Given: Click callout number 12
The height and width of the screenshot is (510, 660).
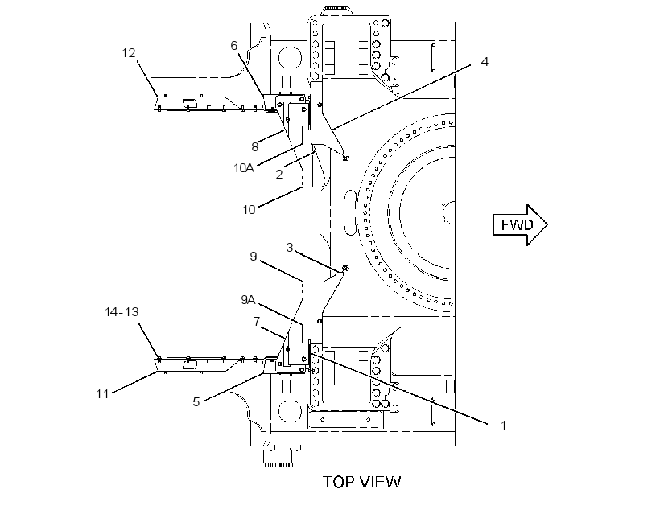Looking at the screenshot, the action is [129, 53].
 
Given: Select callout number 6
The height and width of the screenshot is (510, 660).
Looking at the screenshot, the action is [234, 45].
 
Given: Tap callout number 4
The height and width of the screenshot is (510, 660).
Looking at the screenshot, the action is [485, 62].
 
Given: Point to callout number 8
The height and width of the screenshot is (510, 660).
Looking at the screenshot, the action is [254, 147].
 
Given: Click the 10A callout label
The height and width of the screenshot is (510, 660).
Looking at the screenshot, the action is [244, 168].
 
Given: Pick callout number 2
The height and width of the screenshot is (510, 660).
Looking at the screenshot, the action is [279, 175].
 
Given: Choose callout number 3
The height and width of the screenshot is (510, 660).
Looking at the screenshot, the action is [290, 248].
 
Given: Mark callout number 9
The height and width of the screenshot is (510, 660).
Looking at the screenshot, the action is [254, 257].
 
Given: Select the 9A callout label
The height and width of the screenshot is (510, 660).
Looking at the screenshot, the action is [249, 299].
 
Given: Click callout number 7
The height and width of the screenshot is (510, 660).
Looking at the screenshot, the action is [257, 322].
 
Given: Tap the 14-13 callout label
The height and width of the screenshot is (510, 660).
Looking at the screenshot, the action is [122, 312].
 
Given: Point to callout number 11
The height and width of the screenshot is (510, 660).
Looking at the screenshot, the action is [103, 394].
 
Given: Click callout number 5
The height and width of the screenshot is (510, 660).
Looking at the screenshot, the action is [196, 402].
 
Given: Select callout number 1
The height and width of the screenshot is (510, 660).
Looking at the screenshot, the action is [503, 426].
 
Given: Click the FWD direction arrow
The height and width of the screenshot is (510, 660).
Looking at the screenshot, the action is [520, 224].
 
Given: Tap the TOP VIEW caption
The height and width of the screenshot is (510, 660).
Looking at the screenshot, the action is [362, 482].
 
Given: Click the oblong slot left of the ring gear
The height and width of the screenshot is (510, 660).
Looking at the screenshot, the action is [351, 212].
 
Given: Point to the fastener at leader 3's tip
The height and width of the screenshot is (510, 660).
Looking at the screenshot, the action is [344, 267].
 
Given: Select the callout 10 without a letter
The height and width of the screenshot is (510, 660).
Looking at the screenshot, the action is [250, 210].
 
